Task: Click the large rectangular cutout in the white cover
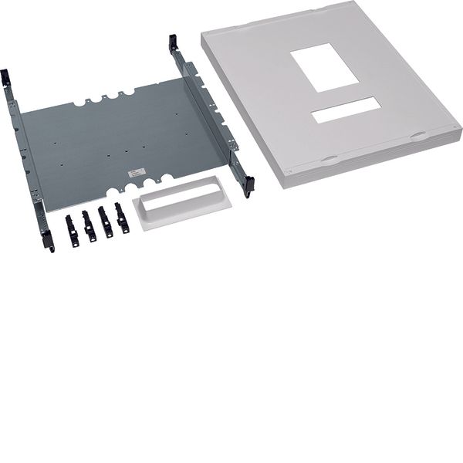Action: [x=325, y=67]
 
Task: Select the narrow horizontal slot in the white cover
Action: [x=345, y=110]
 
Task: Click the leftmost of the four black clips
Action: [x=72, y=231]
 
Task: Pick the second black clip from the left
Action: [x=89, y=226]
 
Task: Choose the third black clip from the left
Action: [x=105, y=222]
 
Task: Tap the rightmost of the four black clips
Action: [x=121, y=218]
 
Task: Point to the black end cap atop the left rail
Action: [x=6, y=78]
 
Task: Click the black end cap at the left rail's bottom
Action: [x=49, y=241]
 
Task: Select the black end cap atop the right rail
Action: [x=173, y=43]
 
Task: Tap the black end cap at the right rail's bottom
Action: [x=248, y=186]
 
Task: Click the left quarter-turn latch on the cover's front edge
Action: [x=329, y=161]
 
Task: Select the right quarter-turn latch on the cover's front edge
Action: [x=417, y=135]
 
